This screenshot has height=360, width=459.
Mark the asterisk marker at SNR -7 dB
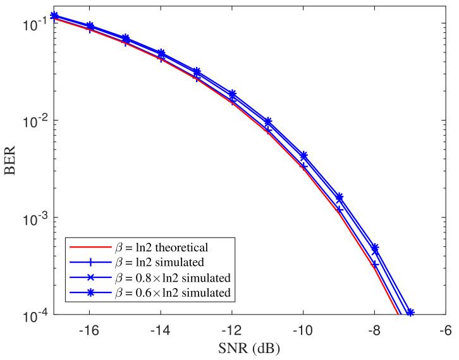[410, 313]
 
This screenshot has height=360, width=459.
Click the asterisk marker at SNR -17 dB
[54, 16]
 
